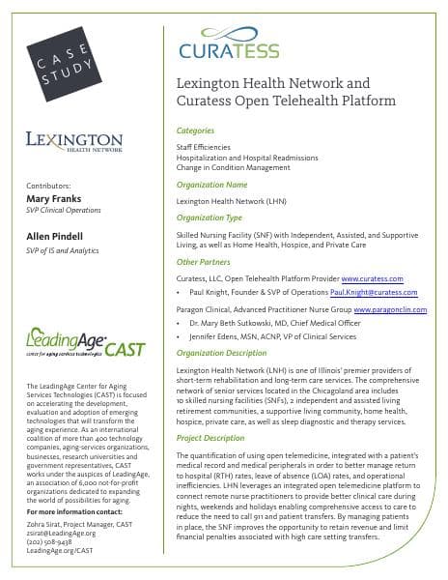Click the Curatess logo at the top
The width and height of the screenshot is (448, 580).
click(229, 47)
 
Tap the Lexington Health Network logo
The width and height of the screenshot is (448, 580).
click(74, 142)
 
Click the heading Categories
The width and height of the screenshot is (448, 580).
click(201, 129)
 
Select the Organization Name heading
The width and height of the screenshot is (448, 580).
click(212, 185)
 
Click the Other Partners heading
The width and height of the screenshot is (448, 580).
click(207, 262)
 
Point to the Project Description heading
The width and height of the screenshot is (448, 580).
click(217, 438)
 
